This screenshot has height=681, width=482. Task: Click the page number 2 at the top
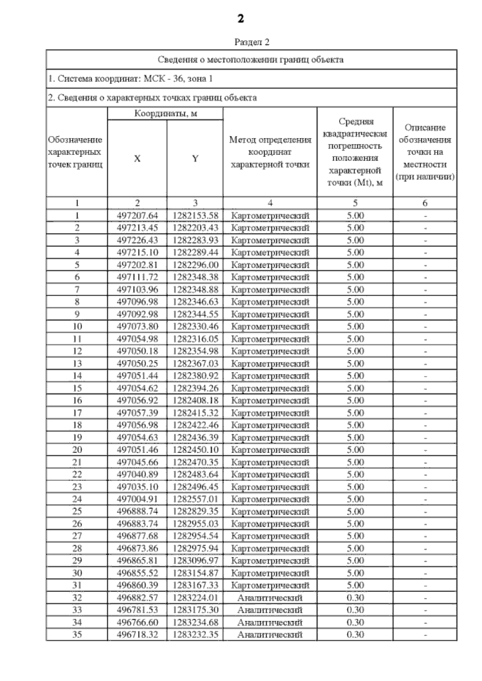click(x=241, y=18)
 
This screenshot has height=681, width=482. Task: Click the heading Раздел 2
click(x=251, y=42)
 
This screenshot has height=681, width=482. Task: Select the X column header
click(x=137, y=159)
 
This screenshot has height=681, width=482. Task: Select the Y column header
click(x=195, y=159)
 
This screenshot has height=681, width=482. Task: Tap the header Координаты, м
click(x=165, y=114)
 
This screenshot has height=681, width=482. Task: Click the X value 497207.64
click(x=137, y=215)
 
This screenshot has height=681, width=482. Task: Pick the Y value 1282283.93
click(x=195, y=240)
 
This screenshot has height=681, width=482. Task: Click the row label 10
click(x=77, y=327)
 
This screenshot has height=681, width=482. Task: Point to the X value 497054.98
click(x=137, y=339)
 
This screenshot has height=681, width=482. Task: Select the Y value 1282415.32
click(x=195, y=413)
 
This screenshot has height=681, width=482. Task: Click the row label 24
click(x=77, y=499)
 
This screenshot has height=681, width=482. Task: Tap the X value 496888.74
click(x=137, y=511)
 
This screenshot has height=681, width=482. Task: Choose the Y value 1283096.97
click(x=195, y=561)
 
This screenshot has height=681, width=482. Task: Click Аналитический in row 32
click(x=270, y=598)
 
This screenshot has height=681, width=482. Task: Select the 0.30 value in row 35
click(x=355, y=634)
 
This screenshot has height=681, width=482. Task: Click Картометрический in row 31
click(x=270, y=585)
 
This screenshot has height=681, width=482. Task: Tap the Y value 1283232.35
click(x=195, y=634)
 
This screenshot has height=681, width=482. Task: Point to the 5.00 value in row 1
click(x=355, y=215)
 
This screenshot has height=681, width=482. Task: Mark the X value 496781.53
click(x=137, y=610)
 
